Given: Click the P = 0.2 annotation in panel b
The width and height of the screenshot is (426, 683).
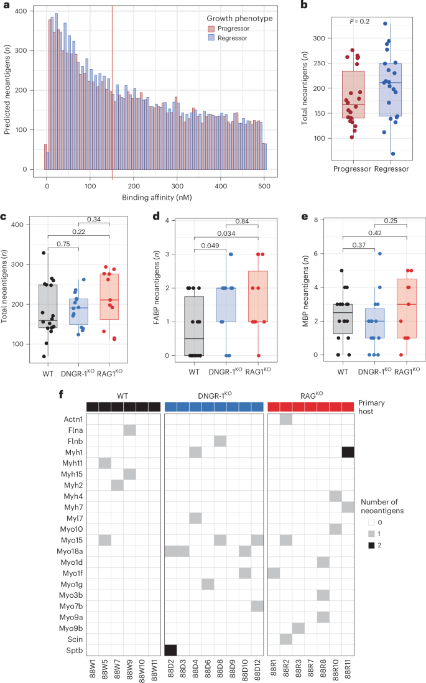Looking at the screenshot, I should click(361, 22).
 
